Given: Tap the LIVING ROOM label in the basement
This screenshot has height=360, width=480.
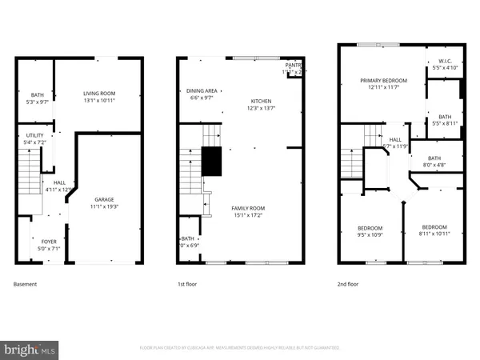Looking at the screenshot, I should click(x=100, y=94).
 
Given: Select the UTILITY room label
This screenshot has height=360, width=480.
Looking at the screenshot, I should click(x=34, y=135).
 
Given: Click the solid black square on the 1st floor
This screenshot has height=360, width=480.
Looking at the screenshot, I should click(x=211, y=162).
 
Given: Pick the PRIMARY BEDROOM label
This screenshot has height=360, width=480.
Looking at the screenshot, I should click(x=383, y=80).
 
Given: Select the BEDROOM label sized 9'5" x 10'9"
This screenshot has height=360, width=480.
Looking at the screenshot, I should click(x=369, y=228).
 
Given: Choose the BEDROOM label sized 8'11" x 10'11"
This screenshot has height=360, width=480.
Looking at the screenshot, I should click(x=434, y=226).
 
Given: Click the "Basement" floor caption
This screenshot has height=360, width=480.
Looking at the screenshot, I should click(x=26, y=284).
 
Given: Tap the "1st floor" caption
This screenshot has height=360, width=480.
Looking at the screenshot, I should click(x=187, y=284).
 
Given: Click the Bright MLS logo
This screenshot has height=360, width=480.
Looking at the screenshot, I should click(x=30, y=350).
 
